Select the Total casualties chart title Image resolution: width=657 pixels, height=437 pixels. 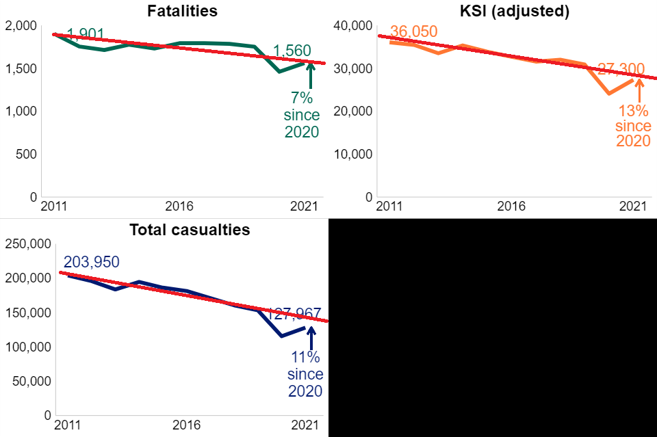[x=190, y=230]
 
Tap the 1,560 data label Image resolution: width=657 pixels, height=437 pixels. [x=292, y=51]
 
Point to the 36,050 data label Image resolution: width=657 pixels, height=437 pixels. [x=413, y=32]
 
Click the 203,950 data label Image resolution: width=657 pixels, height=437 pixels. [x=92, y=262]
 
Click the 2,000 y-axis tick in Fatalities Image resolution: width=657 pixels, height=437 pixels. [x=21, y=26]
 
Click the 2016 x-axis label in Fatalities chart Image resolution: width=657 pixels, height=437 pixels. [x=179, y=207]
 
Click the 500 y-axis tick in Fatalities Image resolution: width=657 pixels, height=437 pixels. [x=27, y=154]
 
